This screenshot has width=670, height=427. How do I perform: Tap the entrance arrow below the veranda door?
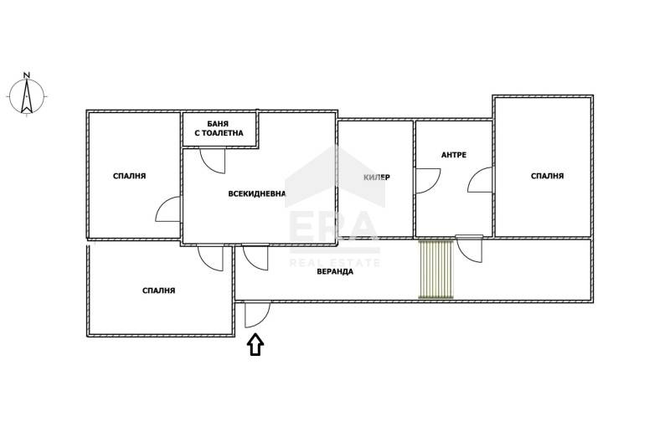pyautogui.click(x=255, y=345)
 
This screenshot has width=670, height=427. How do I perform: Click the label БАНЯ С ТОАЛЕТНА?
pyautogui.click(x=219, y=129)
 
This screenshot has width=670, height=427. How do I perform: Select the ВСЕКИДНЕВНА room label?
pyautogui.click(x=256, y=193)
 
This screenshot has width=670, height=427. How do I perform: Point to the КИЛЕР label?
pyautogui.click(x=376, y=177)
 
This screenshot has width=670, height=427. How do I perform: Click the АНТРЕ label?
pyautogui.click(x=454, y=155)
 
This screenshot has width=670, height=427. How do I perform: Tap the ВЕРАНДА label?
pyautogui.click(x=335, y=271)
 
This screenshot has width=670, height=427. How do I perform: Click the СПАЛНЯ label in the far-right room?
pyautogui.click(x=548, y=176)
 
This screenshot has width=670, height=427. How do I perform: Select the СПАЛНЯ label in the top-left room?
pyautogui.click(x=130, y=176)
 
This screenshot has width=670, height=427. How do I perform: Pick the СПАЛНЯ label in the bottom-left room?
pyautogui.click(x=158, y=291)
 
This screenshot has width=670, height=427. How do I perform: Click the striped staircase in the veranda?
pyautogui.click(x=435, y=269)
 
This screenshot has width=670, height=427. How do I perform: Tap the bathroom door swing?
pyautogui.click(x=212, y=161)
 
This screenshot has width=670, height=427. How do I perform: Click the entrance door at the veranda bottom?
pyautogui.click(x=257, y=315)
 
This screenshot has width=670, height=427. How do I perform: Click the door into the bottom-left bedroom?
pyautogui.click(x=210, y=258)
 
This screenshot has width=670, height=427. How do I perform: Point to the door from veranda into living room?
pyautogui.click(x=255, y=257)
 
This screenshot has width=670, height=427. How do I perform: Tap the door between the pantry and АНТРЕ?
pyautogui.click(x=428, y=181)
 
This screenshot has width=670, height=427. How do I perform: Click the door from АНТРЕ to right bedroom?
pyautogui.click(x=480, y=180)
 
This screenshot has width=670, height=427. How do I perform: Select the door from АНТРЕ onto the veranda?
pyautogui.click(x=469, y=249)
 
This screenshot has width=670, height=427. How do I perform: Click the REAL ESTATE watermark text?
pyautogui.click(x=335, y=262)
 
